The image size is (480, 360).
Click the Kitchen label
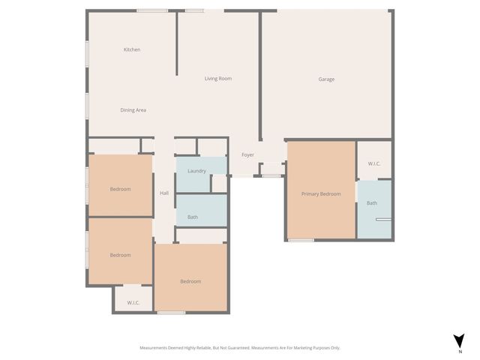(x=132, y=49)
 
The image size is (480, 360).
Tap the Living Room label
(x=218, y=78)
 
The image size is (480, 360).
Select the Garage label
(x=326, y=79)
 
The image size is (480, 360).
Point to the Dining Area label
(x=133, y=110)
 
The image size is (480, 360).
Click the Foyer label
(x=247, y=155)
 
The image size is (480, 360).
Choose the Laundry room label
(x=197, y=171)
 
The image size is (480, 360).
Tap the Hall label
(x=164, y=193)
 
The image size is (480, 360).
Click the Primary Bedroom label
(x=321, y=193)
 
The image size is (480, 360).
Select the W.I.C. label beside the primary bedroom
(x=374, y=163)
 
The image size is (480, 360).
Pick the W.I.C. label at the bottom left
(x=133, y=303)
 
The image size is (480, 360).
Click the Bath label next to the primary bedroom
(x=372, y=203)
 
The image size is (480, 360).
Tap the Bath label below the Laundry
(x=193, y=217)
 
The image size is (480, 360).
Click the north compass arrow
(x=459, y=340)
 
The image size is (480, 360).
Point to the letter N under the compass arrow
(x=459, y=351)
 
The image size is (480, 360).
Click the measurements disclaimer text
(x=240, y=347)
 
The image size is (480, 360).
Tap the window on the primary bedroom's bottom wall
(x=301, y=240)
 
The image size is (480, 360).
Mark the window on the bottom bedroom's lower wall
(x=171, y=312)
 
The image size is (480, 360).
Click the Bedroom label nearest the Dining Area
(x=121, y=189)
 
